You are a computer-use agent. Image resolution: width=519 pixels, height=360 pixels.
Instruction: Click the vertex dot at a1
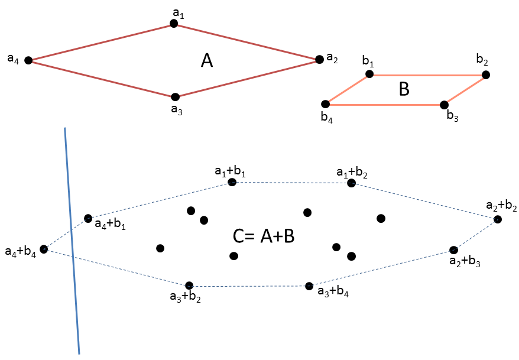click(x=174, y=23)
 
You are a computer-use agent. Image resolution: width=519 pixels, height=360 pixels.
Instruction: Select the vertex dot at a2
click(x=319, y=59)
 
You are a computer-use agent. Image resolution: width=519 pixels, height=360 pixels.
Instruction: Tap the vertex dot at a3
click(x=175, y=96)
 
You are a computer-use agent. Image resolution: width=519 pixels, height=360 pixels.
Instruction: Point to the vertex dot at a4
click(x=28, y=60)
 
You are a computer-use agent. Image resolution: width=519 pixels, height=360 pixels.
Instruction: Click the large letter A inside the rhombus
click(x=206, y=60)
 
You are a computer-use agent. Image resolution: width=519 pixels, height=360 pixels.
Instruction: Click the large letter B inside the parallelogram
click(x=404, y=89)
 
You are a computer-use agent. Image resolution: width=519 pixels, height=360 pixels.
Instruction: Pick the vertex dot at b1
click(x=369, y=74)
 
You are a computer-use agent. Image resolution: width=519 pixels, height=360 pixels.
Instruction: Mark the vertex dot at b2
click(x=485, y=74)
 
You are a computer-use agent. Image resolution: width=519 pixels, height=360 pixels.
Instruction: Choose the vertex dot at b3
click(x=444, y=105)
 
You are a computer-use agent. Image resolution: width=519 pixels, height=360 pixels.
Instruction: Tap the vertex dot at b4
click(x=325, y=104)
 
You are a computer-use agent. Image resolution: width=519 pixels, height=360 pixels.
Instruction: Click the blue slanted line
click(x=72, y=239)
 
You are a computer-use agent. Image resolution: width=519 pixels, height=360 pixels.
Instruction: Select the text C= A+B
click(x=264, y=236)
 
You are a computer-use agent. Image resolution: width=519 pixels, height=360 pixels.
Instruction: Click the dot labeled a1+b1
click(x=232, y=182)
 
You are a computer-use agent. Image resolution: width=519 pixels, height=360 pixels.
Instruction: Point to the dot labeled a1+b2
click(x=351, y=183)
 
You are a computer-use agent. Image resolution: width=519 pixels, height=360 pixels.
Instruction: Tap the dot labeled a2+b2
click(x=498, y=219)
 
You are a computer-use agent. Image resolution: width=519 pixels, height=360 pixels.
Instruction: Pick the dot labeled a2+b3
click(x=453, y=250)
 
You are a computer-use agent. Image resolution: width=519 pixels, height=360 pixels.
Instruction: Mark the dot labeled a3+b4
click(x=309, y=286)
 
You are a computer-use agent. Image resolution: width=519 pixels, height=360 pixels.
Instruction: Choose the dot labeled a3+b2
click(x=189, y=286)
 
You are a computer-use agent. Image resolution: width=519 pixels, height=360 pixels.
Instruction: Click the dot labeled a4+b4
click(x=44, y=249)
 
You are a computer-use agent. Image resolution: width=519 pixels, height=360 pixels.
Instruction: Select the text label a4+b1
click(x=111, y=225)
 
